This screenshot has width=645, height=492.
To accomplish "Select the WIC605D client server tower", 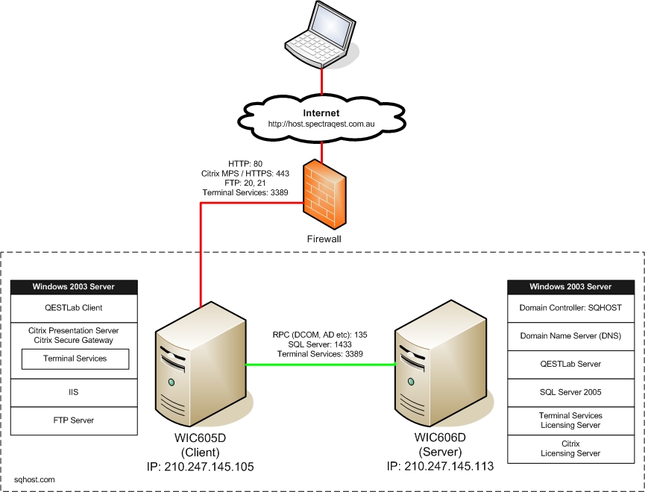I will [x=201, y=368].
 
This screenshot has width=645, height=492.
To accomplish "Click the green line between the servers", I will [x=321, y=365].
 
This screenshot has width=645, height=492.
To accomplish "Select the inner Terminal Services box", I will [x=75, y=359].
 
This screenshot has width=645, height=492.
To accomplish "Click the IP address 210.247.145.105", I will [x=200, y=467].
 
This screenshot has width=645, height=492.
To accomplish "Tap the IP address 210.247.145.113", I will [x=440, y=467].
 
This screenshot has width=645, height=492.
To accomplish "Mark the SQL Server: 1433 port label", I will [x=321, y=345].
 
